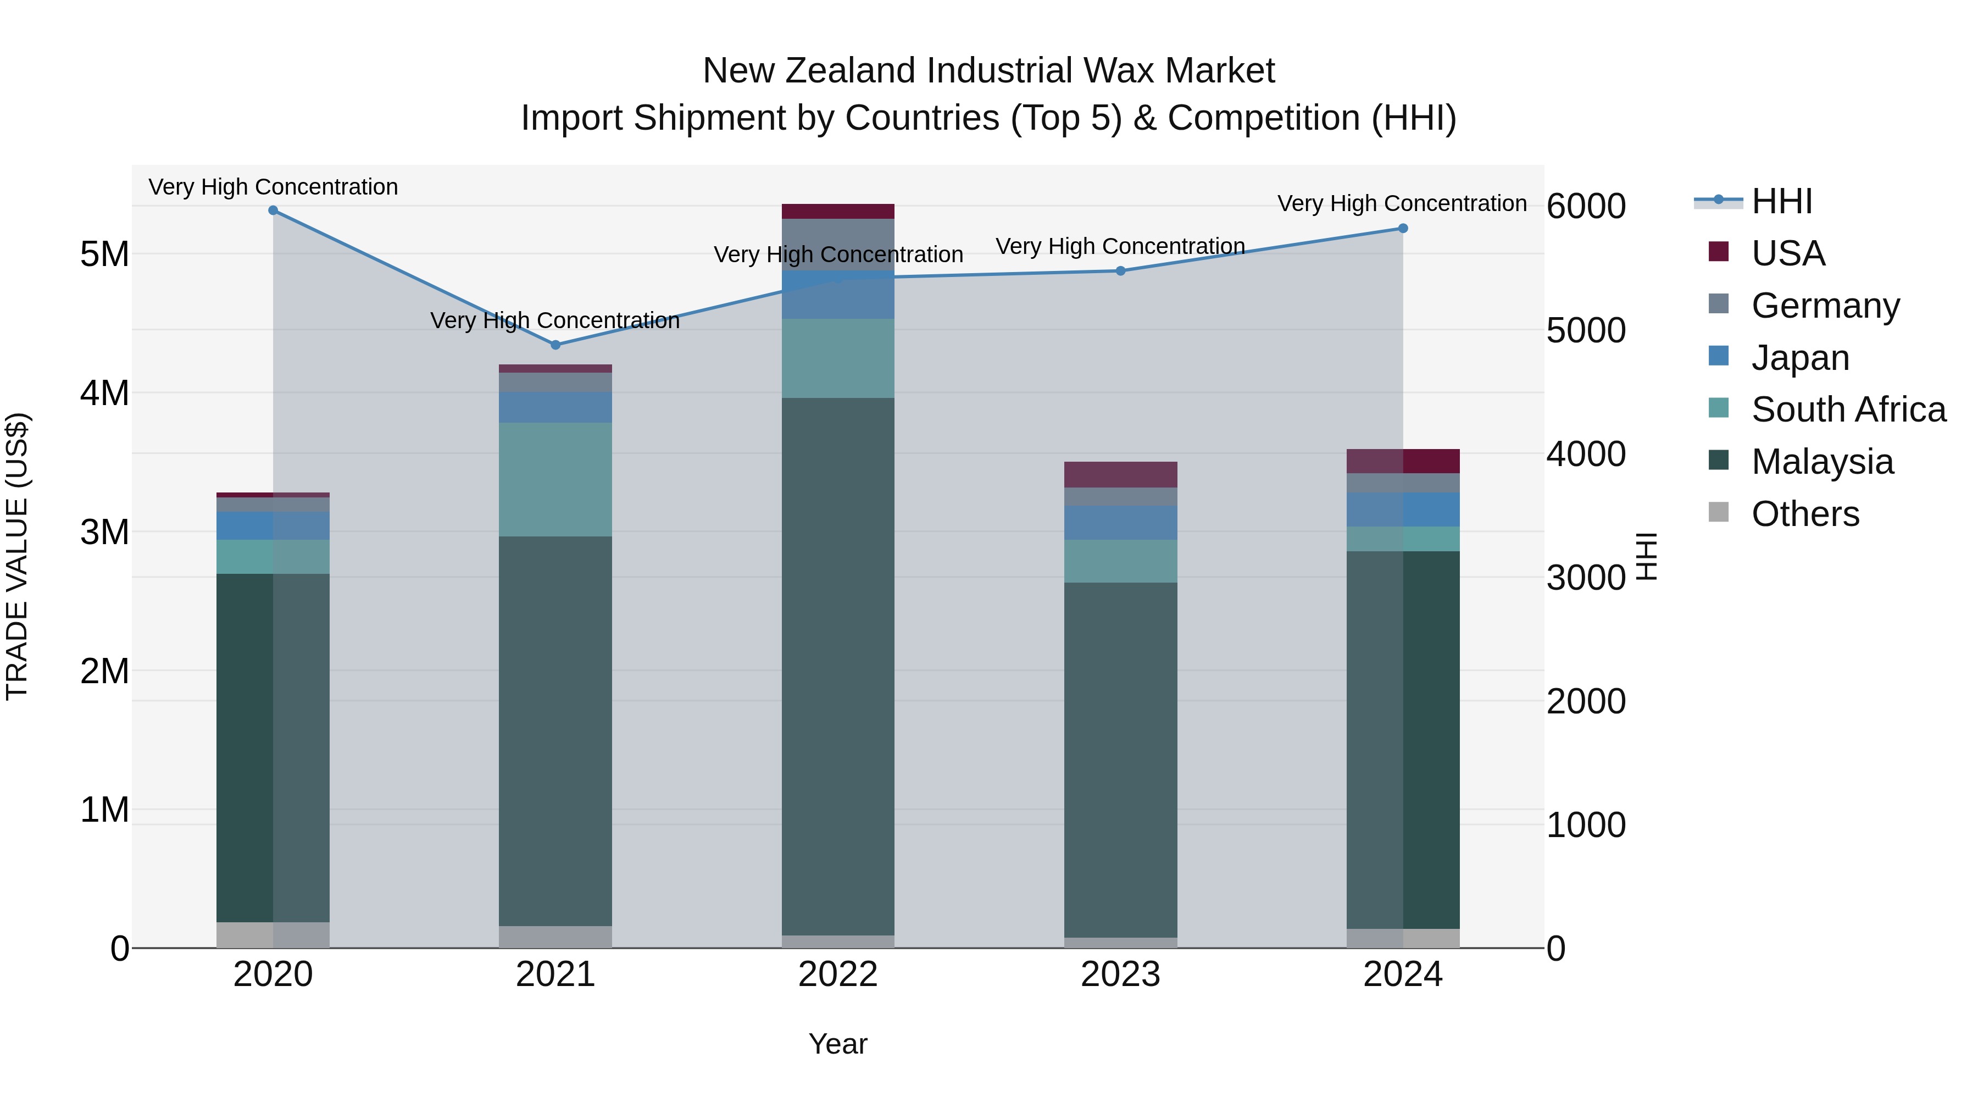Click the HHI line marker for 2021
click(555, 345)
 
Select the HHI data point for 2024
click(1403, 228)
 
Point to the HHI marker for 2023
click(1120, 270)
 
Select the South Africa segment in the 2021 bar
click(555, 479)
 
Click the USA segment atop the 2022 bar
click(838, 211)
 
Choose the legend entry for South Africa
click(1848, 409)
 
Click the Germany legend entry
click(1825, 305)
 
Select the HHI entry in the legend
click(1781, 201)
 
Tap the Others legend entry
click(1804, 514)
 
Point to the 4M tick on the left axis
click(104, 394)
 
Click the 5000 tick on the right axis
click(1586, 330)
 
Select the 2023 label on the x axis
click(1120, 974)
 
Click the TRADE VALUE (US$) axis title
click(17, 556)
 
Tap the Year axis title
click(838, 1044)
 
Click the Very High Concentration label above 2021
click(555, 320)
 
